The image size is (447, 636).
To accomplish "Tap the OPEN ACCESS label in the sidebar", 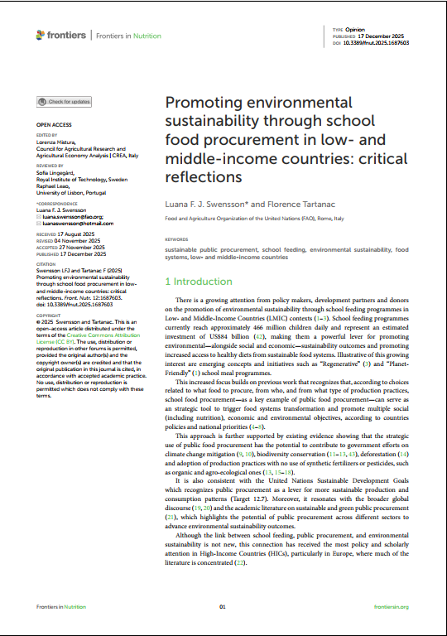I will click(x=53, y=125).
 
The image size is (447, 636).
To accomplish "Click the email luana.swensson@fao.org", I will click(x=68, y=218).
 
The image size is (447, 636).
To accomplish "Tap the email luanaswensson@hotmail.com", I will click(x=74, y=224).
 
